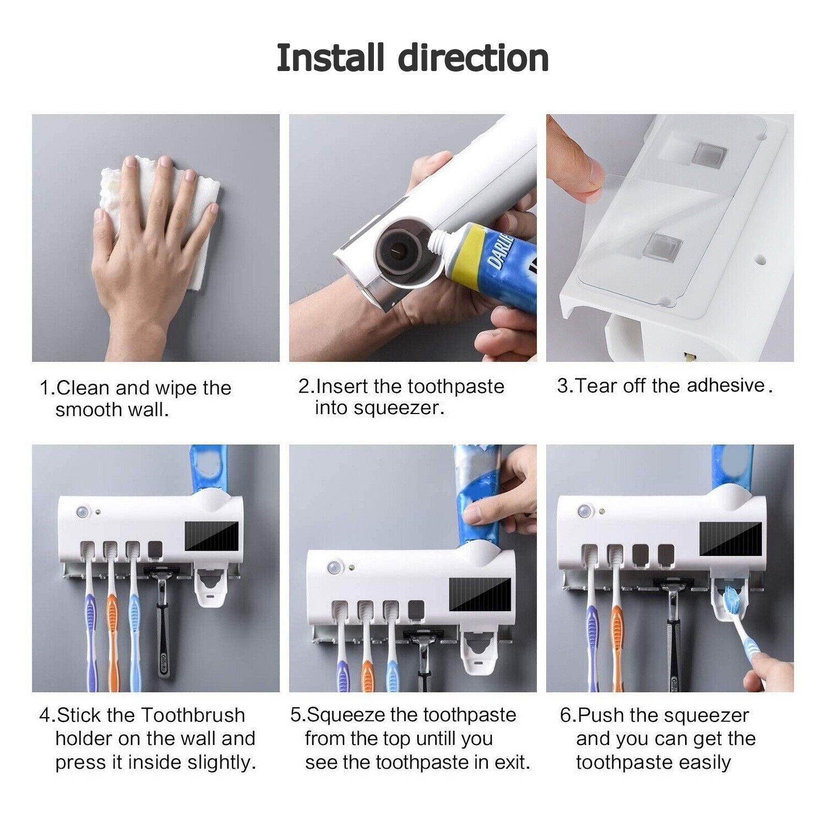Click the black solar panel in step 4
pyautogui.click(x=212, y=536)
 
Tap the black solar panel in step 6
pyautogui.click(x=731, y=539)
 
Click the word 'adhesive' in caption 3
pyautogui.click(x=726, y=385)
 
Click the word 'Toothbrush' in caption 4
pyautogui.click(x=193, y=715)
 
